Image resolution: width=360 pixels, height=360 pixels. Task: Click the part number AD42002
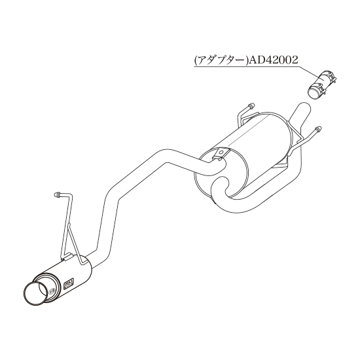[274, 60]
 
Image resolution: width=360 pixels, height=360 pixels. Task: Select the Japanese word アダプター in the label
[221, 61]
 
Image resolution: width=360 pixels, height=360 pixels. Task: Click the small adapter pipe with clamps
[322, 84]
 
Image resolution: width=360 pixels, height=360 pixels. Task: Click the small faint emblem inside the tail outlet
[52, 291]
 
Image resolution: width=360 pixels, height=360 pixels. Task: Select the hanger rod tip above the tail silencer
[56, 194]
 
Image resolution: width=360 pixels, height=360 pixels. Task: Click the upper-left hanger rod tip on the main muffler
[251, 105]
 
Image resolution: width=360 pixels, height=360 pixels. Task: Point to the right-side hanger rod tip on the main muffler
[318, 129]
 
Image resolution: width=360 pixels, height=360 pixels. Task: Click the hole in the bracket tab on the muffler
[221, 152]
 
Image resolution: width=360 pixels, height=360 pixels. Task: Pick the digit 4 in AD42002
[265, 60]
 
